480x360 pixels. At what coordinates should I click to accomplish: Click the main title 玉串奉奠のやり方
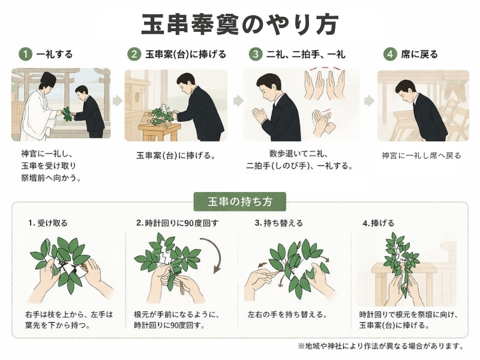239,24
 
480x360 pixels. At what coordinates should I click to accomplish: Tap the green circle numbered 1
25,54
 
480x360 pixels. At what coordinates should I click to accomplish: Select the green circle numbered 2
134,54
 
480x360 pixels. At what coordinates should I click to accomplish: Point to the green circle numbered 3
256,54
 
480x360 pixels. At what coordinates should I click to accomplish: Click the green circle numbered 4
390,54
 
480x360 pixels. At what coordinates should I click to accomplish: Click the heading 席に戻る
419,55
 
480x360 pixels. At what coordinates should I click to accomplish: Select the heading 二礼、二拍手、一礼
306,55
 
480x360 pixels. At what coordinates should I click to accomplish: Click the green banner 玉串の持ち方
240,202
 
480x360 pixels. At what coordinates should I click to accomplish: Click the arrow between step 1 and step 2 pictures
118,101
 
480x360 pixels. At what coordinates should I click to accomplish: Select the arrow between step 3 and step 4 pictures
369,101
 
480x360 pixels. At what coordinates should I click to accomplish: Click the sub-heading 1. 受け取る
48,223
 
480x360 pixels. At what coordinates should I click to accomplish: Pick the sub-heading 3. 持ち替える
279,223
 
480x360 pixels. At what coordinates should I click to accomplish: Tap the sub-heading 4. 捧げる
379,223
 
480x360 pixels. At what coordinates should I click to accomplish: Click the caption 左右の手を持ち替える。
288,314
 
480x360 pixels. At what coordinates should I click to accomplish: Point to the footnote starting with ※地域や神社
381,346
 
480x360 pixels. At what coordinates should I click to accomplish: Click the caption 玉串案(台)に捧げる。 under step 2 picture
176,155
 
